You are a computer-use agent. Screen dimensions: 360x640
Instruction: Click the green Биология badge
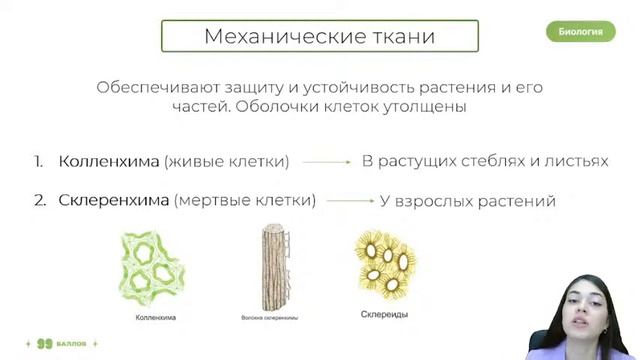(x=580, y=31)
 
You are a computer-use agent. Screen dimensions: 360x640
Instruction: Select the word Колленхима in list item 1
(x=109, y=161)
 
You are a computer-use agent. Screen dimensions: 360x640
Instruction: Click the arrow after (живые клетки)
(x=325, y=161)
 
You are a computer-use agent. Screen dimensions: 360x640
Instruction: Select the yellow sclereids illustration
(x=383, y=262)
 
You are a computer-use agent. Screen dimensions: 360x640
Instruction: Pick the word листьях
(x=576, y=161)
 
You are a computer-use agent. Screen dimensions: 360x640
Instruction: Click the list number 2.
(x=39, y=200)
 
